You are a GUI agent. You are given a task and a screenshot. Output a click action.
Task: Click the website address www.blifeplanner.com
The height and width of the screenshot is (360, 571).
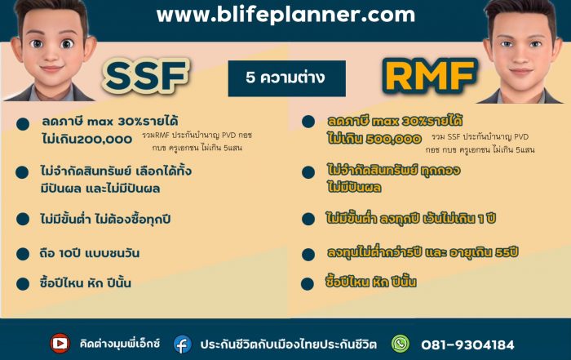[285, 15]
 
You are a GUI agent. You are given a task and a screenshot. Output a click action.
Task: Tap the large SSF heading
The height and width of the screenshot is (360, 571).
[146, 76]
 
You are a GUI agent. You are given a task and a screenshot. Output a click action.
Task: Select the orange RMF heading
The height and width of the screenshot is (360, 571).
[430, 76]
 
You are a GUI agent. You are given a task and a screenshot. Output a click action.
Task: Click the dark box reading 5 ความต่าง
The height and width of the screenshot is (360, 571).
[287, 78]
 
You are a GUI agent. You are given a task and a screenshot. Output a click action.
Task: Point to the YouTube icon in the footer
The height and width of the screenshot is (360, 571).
[60, 343]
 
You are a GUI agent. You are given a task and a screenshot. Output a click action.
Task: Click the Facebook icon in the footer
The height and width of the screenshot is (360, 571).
[183, 344]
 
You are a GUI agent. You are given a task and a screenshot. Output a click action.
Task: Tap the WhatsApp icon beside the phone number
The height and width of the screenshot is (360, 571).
[401, 344]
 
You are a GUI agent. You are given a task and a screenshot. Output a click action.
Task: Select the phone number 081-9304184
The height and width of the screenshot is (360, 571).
[467, 344]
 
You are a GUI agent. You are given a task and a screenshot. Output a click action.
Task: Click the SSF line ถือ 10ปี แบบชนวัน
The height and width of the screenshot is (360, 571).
[90, 253]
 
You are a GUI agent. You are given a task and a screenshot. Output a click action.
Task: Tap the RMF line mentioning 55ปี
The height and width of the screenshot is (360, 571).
[423, 252]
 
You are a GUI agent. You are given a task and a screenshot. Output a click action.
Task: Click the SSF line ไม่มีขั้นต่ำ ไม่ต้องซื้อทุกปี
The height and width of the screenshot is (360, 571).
[105, 220]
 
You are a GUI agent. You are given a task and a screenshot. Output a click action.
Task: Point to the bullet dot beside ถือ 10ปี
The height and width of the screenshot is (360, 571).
[23, 254]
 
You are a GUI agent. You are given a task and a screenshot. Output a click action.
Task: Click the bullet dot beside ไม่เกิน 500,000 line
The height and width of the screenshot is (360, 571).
[308, 122]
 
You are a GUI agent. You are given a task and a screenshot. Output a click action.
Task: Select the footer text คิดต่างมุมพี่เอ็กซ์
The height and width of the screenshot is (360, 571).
[120, 344]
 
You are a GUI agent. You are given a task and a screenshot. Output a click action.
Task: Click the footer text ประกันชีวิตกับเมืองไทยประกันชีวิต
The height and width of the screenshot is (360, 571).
[289, 344]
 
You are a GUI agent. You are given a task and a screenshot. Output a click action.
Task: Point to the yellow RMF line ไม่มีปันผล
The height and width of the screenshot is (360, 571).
[354, 187]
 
